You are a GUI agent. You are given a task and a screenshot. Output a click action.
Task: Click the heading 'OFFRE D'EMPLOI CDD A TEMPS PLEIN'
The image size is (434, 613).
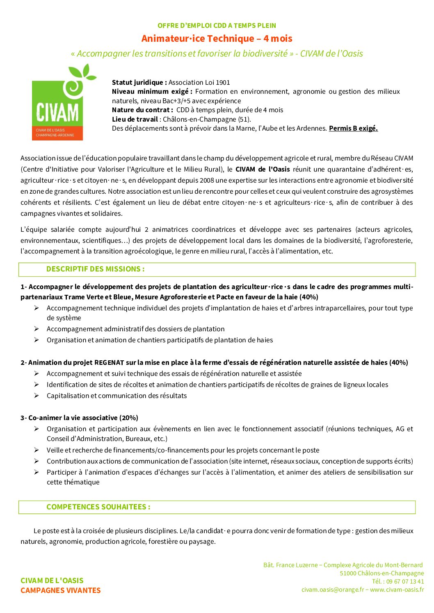pyautogui.click(x=217, y=25)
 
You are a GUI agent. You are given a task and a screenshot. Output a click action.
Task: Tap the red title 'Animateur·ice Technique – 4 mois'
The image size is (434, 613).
pyautogui.click(x=217, y=38)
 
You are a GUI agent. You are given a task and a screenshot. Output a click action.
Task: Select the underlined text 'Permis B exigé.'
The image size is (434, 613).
pyautogui.click(x=353, y=128)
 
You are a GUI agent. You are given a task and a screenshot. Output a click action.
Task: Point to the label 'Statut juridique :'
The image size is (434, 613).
pyautogui.click(x=139, y=82)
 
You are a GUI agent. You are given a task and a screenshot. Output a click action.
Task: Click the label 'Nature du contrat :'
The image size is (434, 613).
pyautogui.click(x=142, y=110)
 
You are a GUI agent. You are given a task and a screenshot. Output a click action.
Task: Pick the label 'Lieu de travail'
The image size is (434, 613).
pyautogui.click(x=135, y=119)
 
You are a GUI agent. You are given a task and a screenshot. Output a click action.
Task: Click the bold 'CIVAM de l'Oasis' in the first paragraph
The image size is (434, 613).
pyautogui.click(x=263, y=169)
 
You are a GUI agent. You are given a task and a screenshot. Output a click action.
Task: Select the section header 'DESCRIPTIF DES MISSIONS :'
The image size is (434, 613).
pyautogui.click(x=95, y=269)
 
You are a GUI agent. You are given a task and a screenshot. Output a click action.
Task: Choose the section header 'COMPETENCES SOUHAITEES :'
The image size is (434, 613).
pyautogui.click(x=98, y=507)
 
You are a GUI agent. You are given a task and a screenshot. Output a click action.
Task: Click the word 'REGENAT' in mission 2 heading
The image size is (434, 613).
pyautogui.click(x=109, y=362)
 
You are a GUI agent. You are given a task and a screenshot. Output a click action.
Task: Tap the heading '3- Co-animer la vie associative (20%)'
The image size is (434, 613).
pyautogui.click(x=79, y=418)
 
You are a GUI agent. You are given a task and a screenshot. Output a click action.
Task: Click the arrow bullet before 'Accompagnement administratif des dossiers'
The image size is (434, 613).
pyautogui.click(x=37, y=329)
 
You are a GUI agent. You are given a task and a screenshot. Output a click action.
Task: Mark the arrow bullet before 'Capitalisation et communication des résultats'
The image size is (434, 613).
pyautogui.click(x=37, y=396)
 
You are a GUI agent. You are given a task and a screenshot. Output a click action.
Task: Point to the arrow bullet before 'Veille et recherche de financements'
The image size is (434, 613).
pyautogui.click(x=37, y=450)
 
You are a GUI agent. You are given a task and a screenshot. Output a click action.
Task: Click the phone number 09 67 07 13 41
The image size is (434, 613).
pyautogui.click(x=405, y=581)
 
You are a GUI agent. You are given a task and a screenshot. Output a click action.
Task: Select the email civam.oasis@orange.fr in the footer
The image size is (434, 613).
pyautogui.click(x=333, y=590)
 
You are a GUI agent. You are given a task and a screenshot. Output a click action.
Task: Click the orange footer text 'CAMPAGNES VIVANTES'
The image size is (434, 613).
pyautogui.click(x=60, y=590)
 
